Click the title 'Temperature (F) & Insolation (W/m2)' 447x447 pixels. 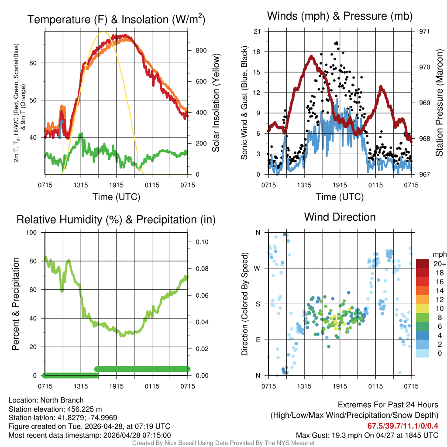click(x=116, y=20)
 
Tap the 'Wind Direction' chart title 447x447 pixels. click(x=340, y=217)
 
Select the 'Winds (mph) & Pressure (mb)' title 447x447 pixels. click(x=340, y=16)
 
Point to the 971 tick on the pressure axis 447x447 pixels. click(x=424, y=31)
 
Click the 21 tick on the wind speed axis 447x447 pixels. click(x=257, y=31)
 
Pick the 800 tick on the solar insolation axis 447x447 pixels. click(x=201, y=51)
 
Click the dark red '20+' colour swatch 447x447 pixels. click(x=423, y=263)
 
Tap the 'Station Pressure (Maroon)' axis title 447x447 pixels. click(x=440, y=103)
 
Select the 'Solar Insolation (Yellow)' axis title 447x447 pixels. click(x=216, y=103)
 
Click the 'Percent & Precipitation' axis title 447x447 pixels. click(x=16, y=304)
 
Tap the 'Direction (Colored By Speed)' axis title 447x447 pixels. click(x=244, y=304)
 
